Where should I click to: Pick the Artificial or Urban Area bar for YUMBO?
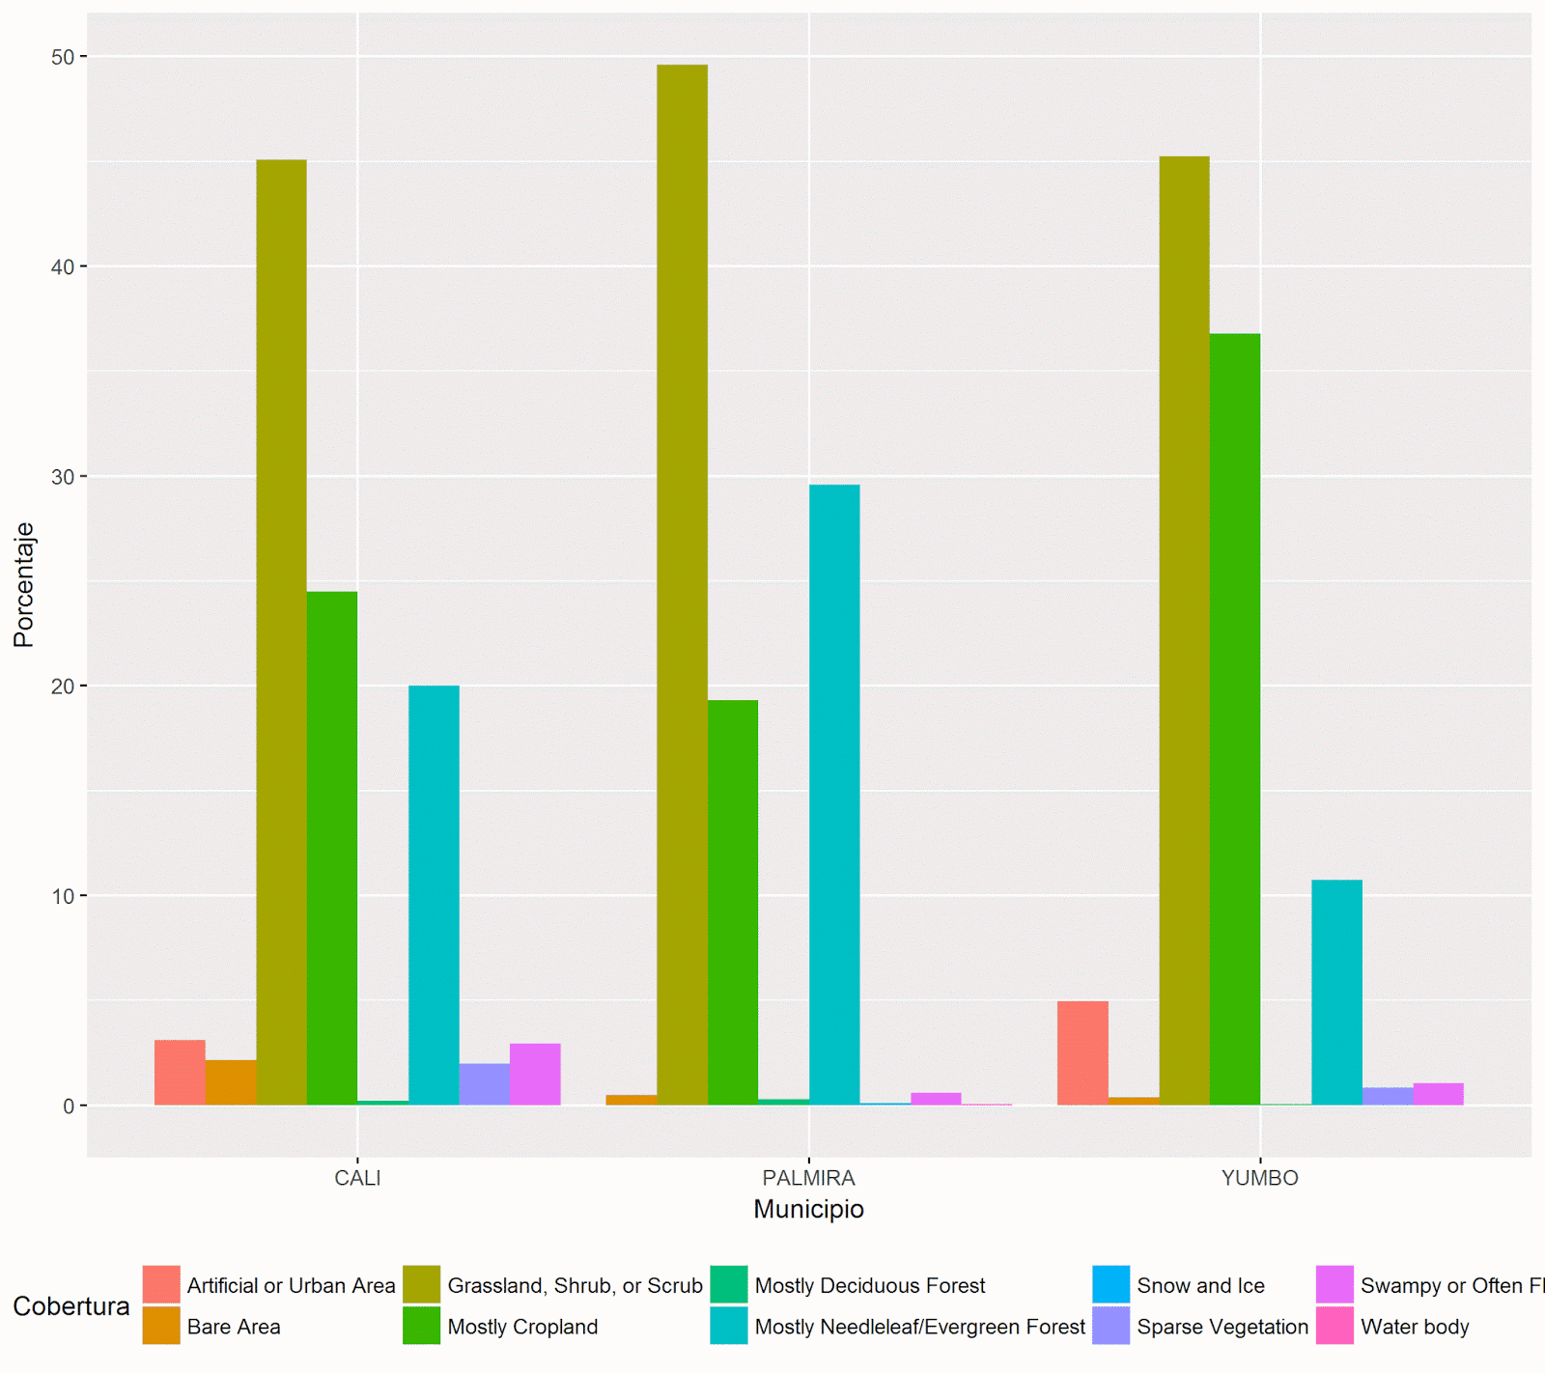coord(1082,1052)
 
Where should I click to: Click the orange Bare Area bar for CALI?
coord(231,1082)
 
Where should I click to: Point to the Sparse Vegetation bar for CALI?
coord(484,1084)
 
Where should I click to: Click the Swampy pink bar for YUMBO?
coord(1438,1094)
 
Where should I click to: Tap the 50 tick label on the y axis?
coord(63,57)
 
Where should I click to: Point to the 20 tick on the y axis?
coord(63,686)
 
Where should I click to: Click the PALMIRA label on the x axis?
coord(808,1178)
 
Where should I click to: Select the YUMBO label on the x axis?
coord(1259,1178)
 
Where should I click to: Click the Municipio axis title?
coord(808,1209)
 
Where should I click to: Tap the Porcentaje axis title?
coord(24,584)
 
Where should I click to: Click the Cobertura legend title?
coord(70,1306)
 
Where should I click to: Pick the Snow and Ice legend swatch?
coord(1110,1285)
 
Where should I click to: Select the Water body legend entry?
coord(1414,1327)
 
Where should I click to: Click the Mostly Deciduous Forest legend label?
coord(869,1286)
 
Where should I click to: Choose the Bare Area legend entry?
coord(233,1327)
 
